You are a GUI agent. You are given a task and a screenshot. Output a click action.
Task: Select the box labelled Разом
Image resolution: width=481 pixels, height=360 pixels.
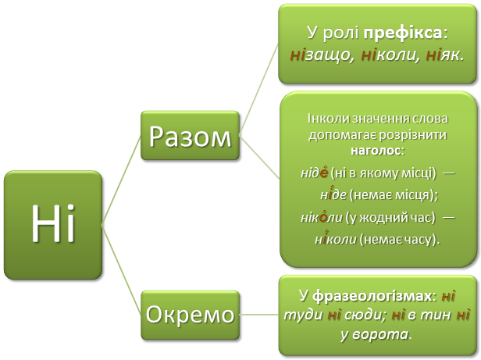[190, 137]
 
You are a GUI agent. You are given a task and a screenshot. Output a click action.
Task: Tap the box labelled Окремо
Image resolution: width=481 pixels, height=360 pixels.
[190, 315]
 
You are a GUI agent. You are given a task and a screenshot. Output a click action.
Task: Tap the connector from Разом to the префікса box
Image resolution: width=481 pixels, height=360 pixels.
[258, 86]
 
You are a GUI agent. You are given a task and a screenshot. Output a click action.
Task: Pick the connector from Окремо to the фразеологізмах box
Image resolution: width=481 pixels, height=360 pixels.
[258, 315]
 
